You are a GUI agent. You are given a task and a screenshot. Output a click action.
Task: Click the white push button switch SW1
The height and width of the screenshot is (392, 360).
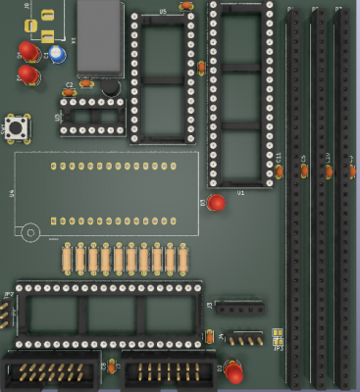(17, 126)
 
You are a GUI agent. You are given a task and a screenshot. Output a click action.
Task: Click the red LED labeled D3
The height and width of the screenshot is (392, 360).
(217, 203)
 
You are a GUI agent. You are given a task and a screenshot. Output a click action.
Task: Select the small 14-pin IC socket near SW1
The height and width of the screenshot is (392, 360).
(93, 116)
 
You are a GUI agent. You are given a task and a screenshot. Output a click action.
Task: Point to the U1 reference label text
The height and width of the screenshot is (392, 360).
(240, 193)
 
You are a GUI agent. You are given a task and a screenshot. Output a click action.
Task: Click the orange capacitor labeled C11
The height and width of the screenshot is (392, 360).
(280, 171)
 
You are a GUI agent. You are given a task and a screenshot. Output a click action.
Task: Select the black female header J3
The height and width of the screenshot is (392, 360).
(239, 308)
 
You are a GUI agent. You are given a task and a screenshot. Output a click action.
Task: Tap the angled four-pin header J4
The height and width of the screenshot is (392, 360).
(245, 338)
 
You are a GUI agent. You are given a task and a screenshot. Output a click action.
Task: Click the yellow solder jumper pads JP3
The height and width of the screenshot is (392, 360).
(279, 333)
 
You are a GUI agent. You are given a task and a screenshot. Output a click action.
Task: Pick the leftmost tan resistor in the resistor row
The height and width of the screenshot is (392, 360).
(67, 259)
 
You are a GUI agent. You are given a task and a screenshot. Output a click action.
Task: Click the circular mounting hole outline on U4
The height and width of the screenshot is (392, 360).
(31, 233)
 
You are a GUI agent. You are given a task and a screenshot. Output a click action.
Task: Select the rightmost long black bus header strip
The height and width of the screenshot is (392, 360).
(343, 196)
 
